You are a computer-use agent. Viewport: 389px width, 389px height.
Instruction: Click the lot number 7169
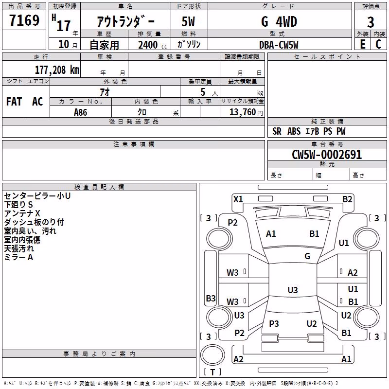click(24, 20)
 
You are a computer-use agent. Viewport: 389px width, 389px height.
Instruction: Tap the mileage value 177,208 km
click(57, 70)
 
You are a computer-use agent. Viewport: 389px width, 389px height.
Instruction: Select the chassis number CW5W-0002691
click(327, 155)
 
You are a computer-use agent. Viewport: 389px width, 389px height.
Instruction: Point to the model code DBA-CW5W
click(279, 45)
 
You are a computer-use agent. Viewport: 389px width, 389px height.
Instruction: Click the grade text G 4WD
click(279, 21)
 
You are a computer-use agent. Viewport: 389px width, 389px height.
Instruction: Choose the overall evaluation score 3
click(371, 22)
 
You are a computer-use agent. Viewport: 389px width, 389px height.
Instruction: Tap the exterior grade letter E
click(362, 44)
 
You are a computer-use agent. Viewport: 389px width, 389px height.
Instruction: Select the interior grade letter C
click(378, 44)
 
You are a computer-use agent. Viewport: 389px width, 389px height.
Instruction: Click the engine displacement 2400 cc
click(153, 45)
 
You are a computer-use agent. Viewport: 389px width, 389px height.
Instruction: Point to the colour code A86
click(80, 112)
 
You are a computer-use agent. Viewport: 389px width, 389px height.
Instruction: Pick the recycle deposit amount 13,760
click(242, 112)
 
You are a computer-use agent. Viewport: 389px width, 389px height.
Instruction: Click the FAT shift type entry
click(14, 102)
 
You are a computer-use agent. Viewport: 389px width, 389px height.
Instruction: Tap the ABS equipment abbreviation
click(294, 131)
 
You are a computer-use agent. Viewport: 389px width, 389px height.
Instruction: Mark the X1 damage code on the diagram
click(238, 199)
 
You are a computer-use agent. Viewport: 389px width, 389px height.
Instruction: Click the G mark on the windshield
click(307, 256)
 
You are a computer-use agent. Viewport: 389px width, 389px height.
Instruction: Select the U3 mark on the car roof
click(293, 290)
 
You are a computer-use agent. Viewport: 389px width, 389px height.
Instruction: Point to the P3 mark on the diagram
click(274, 323)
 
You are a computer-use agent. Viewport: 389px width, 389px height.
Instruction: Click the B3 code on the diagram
click(211, 298)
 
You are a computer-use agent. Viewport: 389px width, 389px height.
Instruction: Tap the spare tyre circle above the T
click(212, 355)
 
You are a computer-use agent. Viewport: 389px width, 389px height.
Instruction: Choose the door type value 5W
click(188, 21)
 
